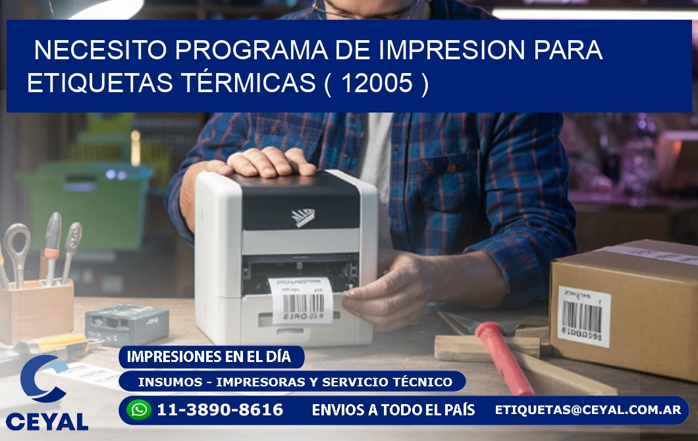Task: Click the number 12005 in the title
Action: coord(378,83)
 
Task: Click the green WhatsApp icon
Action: coord(139,410)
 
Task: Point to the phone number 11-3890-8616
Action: coord(220,410)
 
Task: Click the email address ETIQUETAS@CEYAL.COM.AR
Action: coord(588,410)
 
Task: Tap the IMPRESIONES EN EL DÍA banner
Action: coord(209,357)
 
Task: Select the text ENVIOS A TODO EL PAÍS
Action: coord(393,410)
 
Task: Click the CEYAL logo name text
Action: coord(47,422)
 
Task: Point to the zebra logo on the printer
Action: coord(304,217)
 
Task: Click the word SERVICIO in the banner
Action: coord(371,382)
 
